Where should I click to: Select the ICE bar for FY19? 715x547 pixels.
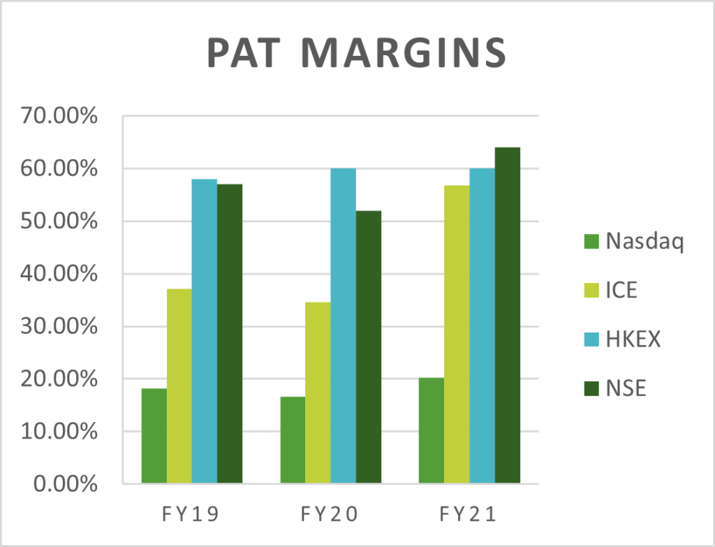179,386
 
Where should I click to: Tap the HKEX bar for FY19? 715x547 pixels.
205,331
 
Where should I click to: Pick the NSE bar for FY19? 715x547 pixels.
230,333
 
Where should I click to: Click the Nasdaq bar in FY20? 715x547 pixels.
293,439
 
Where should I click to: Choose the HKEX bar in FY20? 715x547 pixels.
343,326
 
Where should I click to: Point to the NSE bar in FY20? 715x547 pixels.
369,347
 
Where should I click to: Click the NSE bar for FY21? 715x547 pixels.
508,315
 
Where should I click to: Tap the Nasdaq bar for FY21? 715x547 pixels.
432,430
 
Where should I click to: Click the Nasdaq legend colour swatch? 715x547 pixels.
591,242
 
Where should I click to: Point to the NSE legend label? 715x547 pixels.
626,388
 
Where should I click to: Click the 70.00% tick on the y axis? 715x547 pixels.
61,117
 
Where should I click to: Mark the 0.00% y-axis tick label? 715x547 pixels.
67,483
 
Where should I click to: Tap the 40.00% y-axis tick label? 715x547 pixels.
61,274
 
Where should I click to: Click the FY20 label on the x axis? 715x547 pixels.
330,516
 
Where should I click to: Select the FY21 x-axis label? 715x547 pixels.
469,516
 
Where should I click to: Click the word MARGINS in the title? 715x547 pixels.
408,53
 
